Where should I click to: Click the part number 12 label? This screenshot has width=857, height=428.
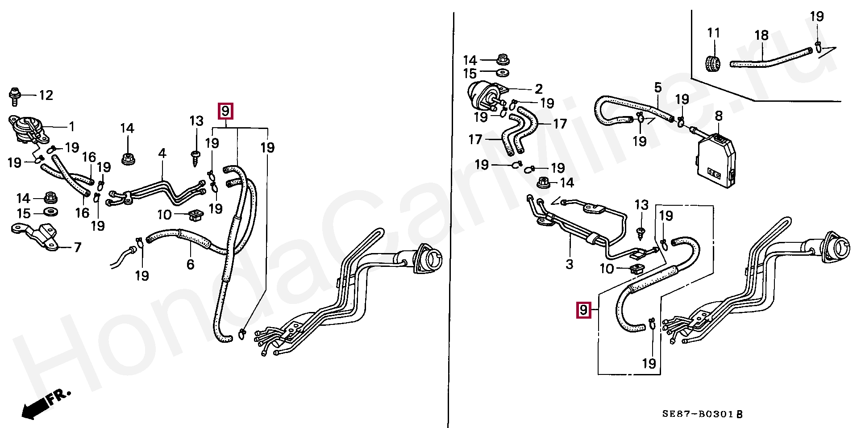(46, 95)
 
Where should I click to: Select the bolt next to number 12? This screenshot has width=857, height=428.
(14, 96)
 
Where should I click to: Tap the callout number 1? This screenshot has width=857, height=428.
(71, 127)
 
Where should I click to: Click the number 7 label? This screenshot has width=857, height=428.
(77, 247)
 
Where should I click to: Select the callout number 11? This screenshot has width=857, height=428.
(714, 33)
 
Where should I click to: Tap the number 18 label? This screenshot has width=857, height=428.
(761, 35)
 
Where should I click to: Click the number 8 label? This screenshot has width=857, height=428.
(719, 116)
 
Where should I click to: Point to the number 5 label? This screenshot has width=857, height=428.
(658, 87)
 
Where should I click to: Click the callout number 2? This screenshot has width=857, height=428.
(538, 89)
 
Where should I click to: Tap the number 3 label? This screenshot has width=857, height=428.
(569, 264)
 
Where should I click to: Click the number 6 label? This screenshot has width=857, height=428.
(191, 265)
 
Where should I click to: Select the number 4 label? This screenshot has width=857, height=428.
(162, 154)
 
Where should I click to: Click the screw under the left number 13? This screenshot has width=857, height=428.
(196, 158)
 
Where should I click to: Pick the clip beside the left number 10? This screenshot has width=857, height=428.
(195, 215)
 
